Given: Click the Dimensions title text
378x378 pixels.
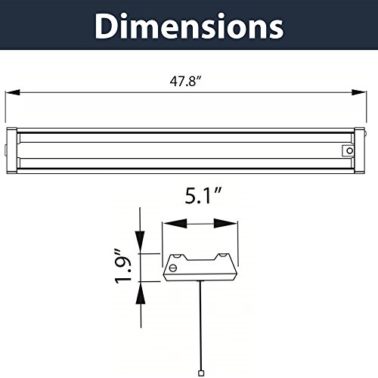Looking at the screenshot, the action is click(189, 26).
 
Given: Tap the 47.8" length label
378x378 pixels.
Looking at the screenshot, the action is click(186, 82).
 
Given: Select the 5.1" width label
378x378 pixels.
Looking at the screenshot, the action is click(203, 196).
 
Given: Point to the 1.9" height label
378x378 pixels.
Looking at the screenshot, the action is click(123, 267).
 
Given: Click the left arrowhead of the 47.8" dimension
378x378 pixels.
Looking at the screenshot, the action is click(13, 92).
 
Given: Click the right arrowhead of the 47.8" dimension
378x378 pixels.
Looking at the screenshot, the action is click(359, 92).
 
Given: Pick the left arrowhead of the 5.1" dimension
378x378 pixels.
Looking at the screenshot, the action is click(175, 223).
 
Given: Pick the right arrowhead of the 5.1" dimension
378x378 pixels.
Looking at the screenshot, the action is click(225, 223).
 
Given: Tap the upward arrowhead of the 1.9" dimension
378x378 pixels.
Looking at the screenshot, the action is click(141, 293).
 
